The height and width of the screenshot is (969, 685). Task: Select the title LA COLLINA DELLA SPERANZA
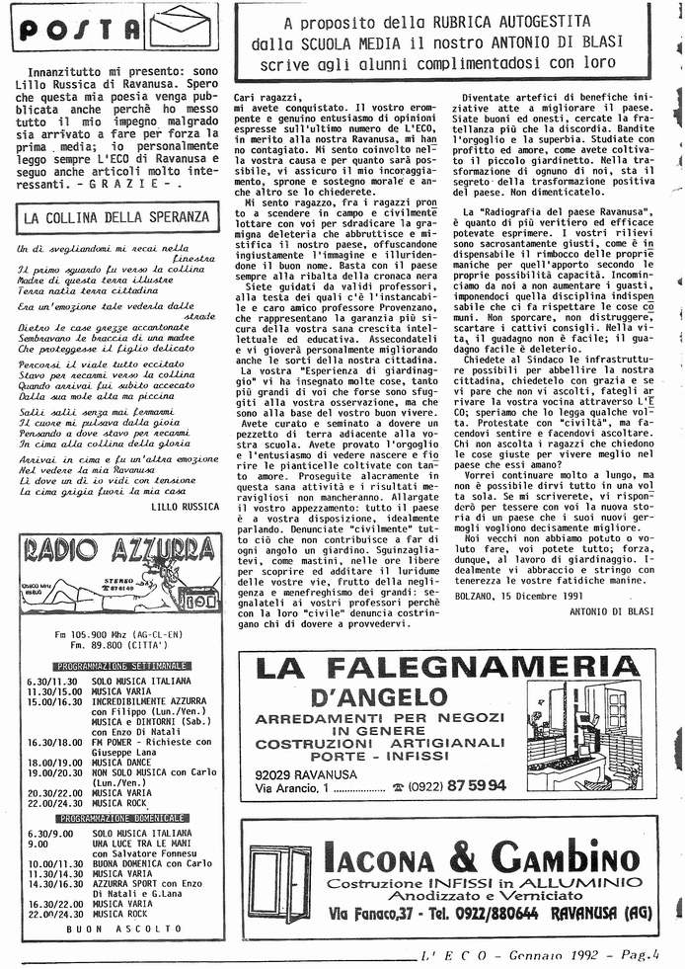(x=116, y=216)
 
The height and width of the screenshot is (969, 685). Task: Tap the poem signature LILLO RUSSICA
(x=186, y=505)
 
